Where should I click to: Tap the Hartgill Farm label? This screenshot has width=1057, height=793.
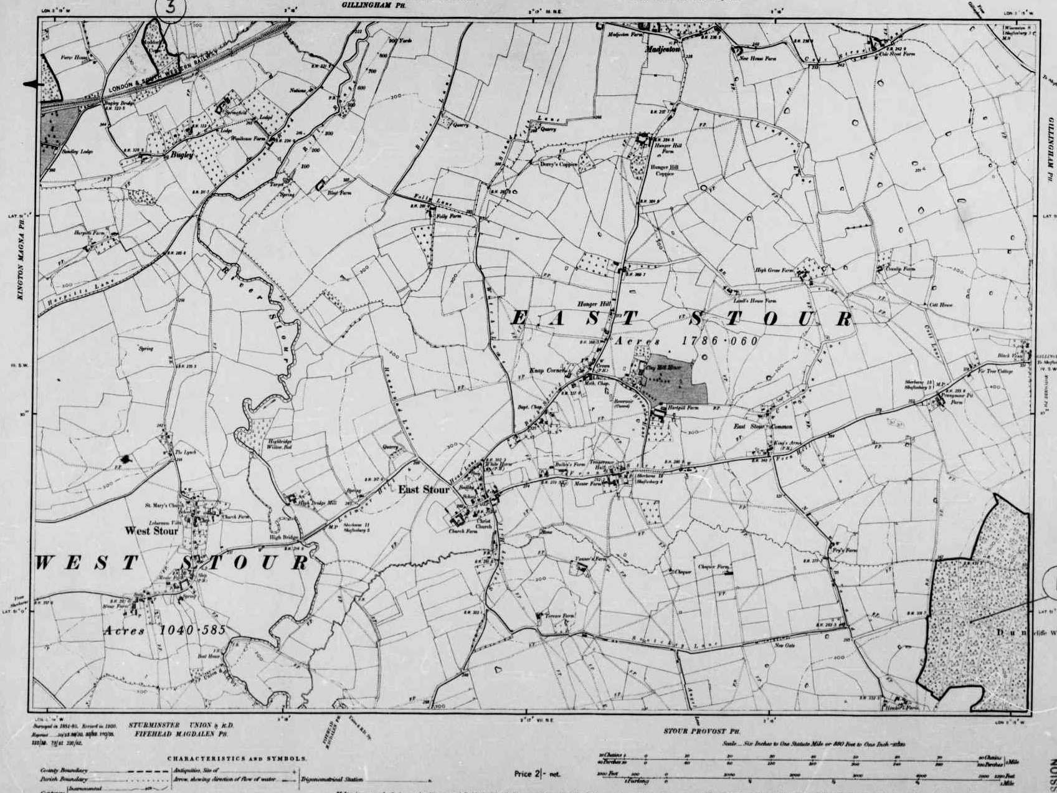[x=683, y=407]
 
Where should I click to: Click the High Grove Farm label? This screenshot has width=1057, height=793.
[x=774, y=270]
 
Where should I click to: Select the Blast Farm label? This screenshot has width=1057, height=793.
[x=339, y=193]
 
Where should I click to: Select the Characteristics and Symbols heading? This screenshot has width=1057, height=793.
[x=237, y=759]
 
